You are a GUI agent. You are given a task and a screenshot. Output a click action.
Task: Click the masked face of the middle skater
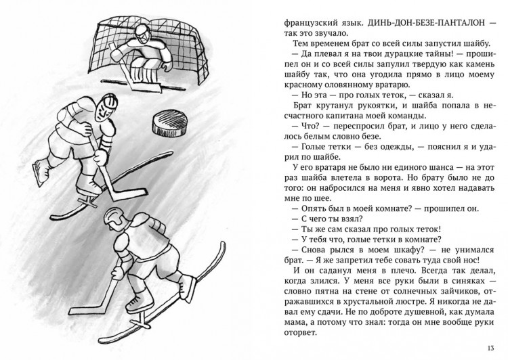104,109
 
